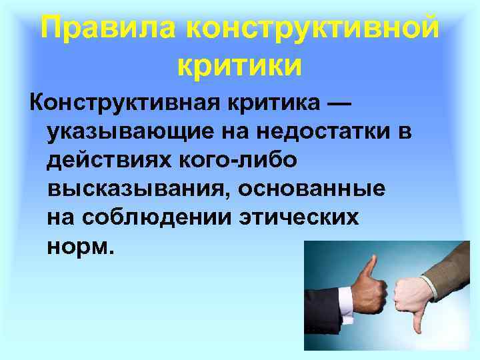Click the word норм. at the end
coord(81,247)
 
